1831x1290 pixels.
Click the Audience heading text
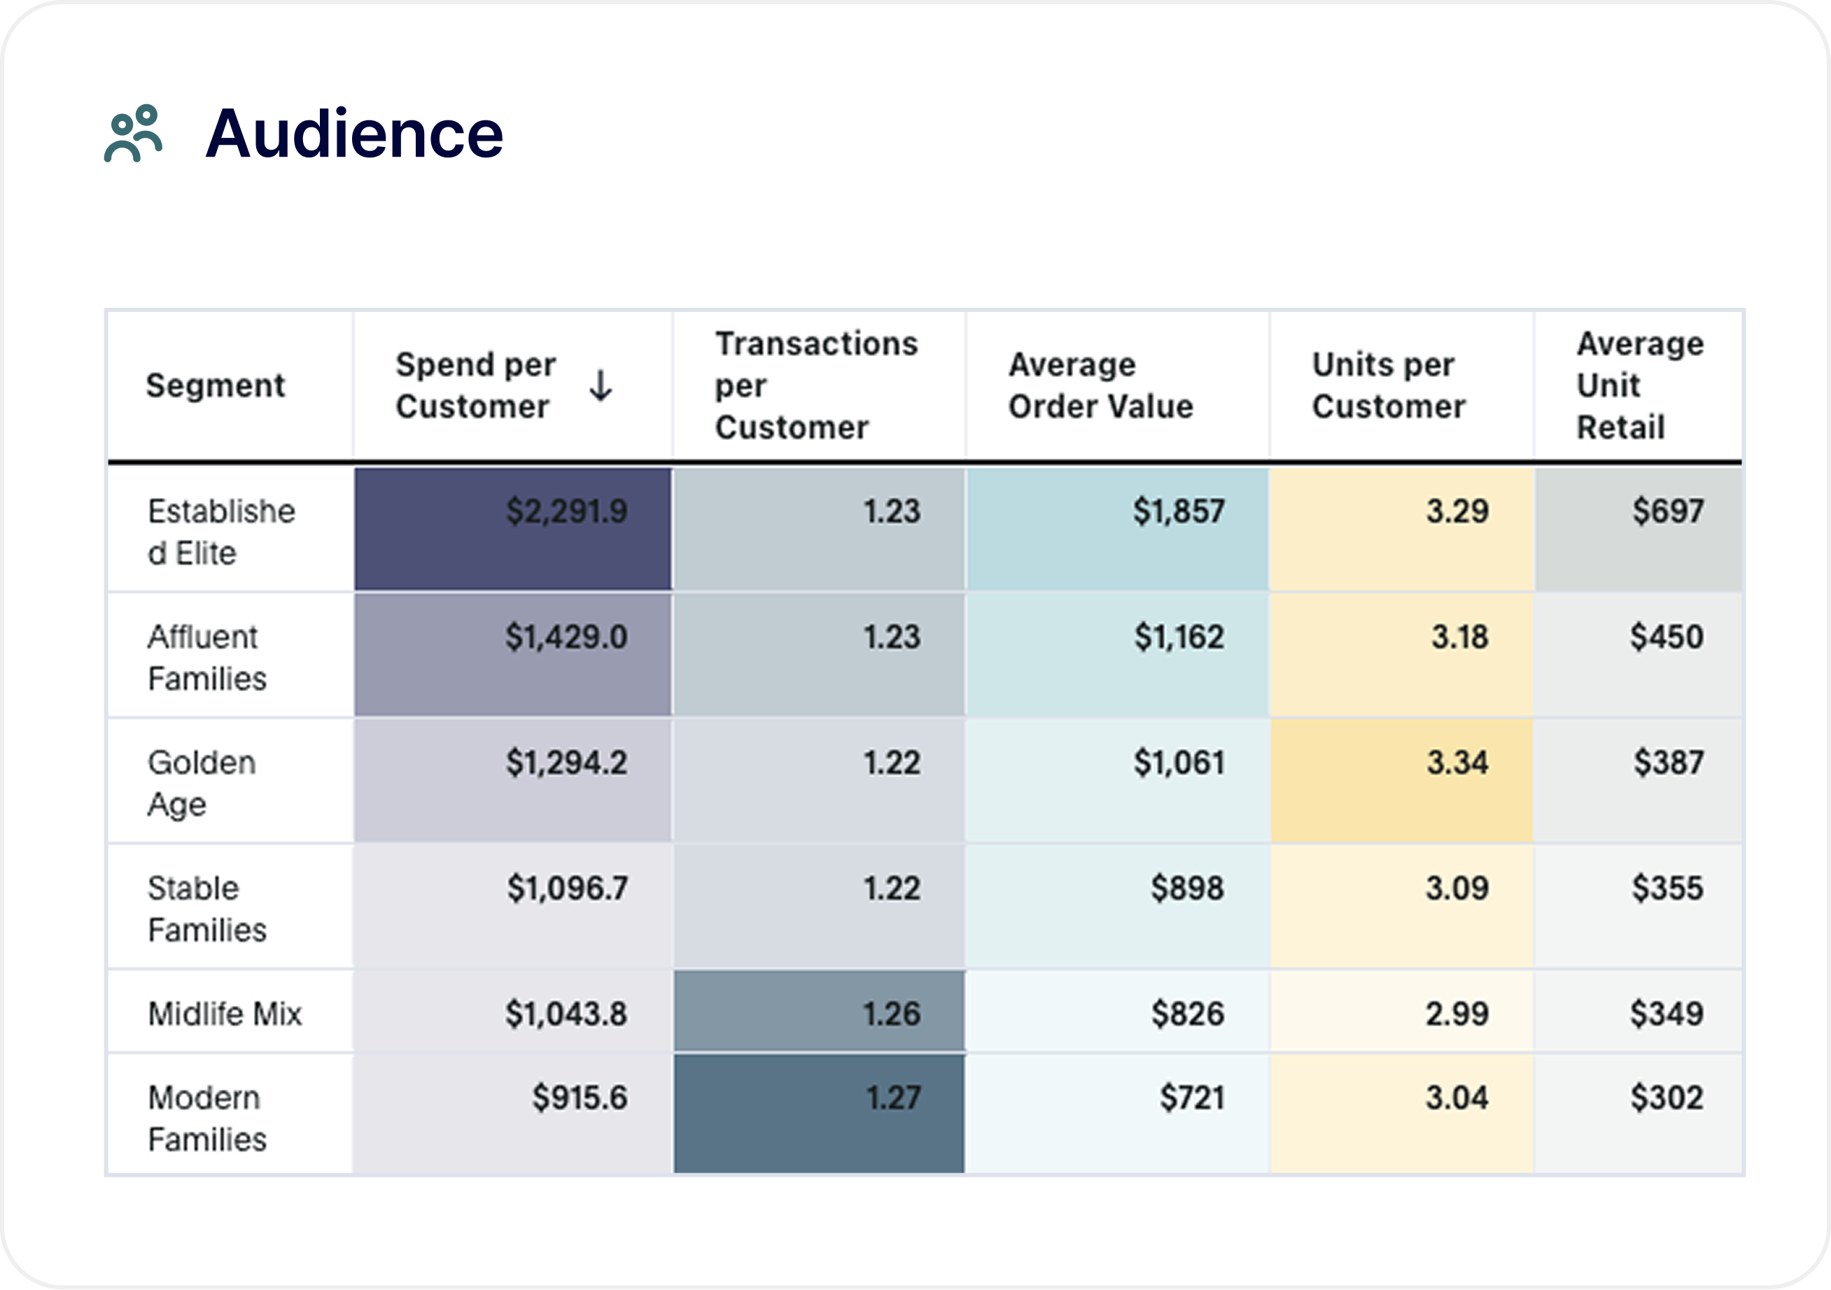tap(354, 134)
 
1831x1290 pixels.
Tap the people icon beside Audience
tap(133, 133)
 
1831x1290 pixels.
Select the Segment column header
tap(216, 385)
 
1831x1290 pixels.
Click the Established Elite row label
tap(222, 531)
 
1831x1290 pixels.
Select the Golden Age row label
tap(202, 783)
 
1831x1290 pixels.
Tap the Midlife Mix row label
tap(225, 1014)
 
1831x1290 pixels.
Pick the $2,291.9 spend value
tap(567, 511)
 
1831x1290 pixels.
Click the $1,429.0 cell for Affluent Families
tap(566, 637)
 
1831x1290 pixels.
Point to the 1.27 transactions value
tap(893, 1098)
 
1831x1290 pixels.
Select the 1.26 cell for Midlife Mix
tap(892, 1014)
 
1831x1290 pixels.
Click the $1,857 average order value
tap(1179, 511)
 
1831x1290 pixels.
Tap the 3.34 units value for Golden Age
tap(1457, 763)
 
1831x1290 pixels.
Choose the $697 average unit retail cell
tap(1667, 511)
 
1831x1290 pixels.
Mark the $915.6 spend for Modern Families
tap(580, 1098)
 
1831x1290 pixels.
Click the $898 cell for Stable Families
tap(1186, 888)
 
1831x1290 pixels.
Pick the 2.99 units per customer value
tap(1457, 1014)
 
